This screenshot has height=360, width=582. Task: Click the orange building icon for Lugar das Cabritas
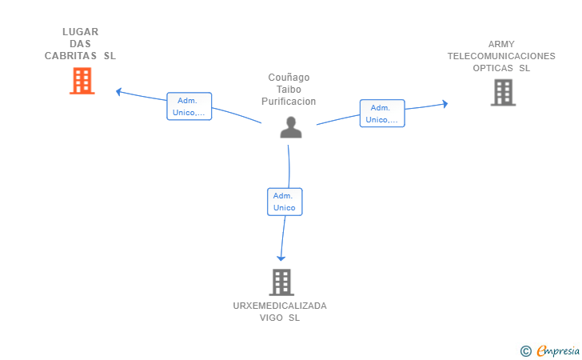coord(82,81)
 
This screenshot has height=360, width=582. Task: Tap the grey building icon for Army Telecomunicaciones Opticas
coord(503,92)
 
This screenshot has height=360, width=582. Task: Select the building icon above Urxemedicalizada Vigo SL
coord(281,282)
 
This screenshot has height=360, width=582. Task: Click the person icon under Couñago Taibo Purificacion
coord(291,128)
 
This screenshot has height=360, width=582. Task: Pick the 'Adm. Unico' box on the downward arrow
coord(285,202)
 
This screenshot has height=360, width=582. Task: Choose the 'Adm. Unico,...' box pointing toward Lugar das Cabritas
coord(189,106)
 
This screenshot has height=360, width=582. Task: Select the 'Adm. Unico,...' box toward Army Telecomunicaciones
coord(382,114)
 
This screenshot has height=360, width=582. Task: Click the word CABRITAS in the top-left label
coord(71,56)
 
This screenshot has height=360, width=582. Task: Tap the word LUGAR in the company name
coord(81,32)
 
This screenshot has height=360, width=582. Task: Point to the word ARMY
coord(501,44)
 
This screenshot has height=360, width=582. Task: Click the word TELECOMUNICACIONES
coord(501,56)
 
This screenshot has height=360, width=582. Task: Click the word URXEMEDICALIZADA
coord(280,306)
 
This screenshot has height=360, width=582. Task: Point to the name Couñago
coord(289,78)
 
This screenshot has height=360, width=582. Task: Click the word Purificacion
coord(289,102)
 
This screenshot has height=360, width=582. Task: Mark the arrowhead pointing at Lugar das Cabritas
coord(118,92)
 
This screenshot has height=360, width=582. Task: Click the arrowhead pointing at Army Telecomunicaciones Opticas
coord(444,103)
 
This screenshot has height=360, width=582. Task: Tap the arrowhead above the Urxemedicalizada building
coord(281,257)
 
